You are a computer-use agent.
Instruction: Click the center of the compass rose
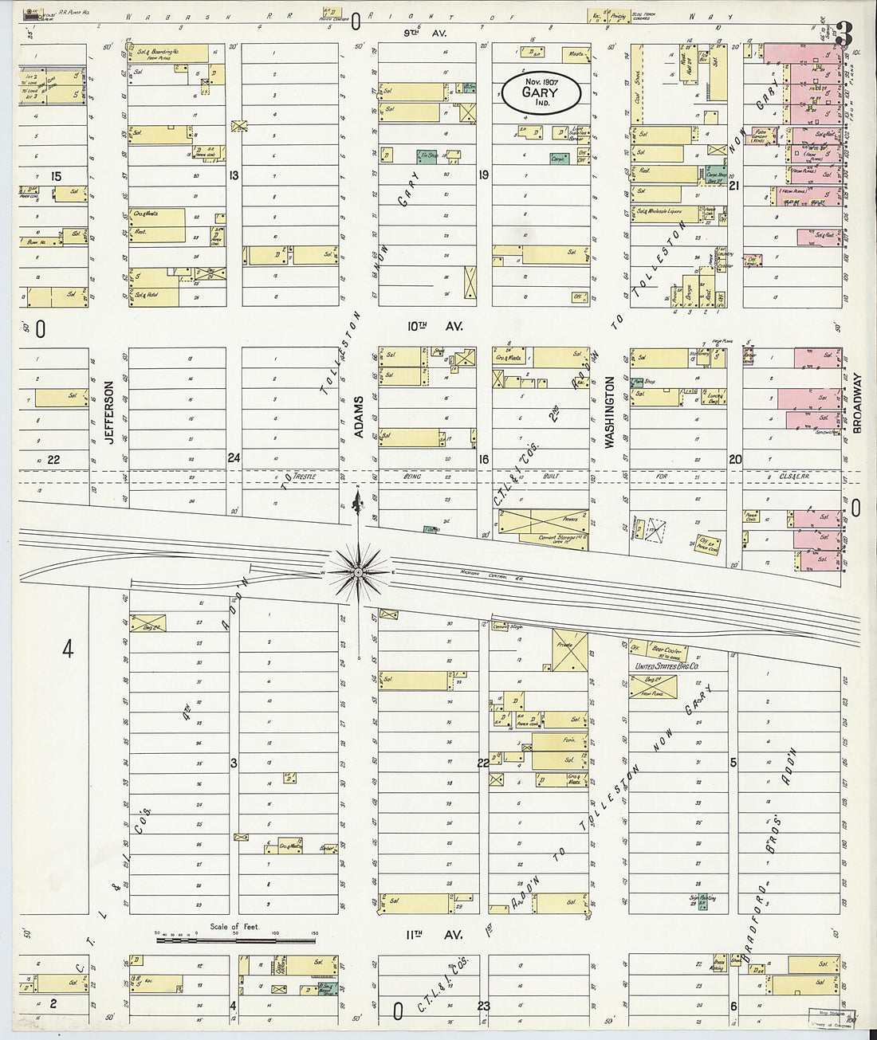[358, 572]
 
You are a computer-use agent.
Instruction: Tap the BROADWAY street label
[858, 402]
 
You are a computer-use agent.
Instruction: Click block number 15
[57, 175]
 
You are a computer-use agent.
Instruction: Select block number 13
[234, 175]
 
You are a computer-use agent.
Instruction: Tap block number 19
[483, 175]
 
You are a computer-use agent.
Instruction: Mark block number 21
[734, 185]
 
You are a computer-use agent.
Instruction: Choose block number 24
[234, 458]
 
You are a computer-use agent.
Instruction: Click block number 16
[483, 459]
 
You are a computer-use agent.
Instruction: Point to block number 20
[734, 459]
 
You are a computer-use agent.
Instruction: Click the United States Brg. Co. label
[667, 666]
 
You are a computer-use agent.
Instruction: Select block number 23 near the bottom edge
[483, 1006]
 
